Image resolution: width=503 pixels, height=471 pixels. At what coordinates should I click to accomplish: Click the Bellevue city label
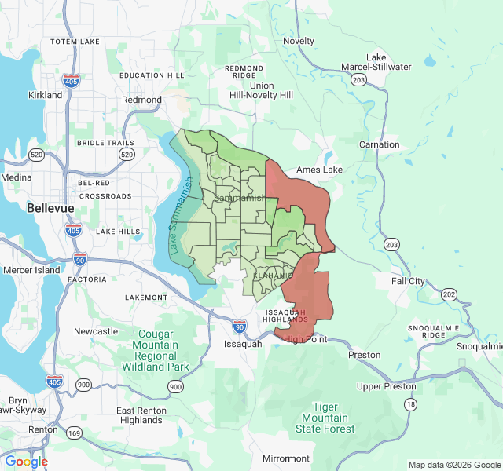pos(50,209)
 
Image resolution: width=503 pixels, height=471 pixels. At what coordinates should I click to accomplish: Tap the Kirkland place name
pos(45,95)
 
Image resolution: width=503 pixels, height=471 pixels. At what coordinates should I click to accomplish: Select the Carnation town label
pos(379,145)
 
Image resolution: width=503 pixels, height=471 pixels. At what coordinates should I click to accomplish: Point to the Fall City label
pos(409,281)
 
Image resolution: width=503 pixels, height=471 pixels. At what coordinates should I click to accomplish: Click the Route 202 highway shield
pos(449,294)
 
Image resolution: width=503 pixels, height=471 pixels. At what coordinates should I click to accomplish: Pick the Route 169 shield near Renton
pos(74,433)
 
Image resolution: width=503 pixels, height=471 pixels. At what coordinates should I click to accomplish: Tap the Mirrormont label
pos(286,458)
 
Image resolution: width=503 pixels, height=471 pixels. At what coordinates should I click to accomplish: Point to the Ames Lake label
pos(319,170)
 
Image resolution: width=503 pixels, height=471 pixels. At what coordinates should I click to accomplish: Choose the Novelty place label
pos(299,41)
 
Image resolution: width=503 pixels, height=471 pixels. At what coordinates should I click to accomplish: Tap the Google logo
pos(26,462)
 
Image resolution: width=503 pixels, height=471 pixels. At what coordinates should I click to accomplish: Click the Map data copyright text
pos(453,465)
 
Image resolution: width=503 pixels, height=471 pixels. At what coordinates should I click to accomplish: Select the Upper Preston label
pos(386,387)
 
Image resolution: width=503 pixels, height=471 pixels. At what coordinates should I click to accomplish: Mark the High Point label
pos(305,339)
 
